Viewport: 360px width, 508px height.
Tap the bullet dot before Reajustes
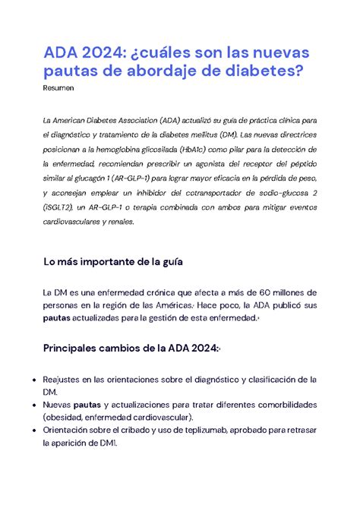28,380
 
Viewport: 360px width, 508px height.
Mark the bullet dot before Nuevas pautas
28,405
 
